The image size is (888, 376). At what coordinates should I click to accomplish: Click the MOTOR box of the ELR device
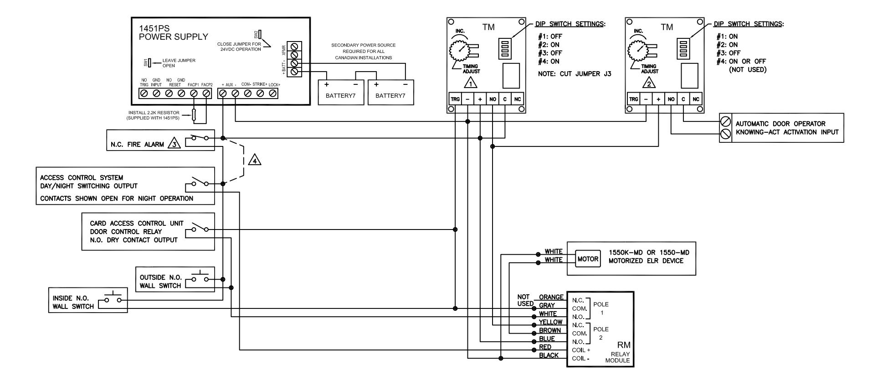(x=588, y=259)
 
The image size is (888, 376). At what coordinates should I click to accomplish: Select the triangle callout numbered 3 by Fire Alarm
(x=174, y=144)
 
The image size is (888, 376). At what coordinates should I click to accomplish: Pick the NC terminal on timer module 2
(x=696, y=99)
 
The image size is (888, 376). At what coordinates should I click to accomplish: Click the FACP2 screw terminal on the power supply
(x=206, y=93)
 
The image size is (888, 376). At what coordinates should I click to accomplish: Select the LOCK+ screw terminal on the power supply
(x=273, y=93)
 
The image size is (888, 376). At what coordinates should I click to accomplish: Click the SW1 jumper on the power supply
(x=149, y=63)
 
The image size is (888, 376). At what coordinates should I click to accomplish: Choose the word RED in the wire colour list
(x=545, y=347)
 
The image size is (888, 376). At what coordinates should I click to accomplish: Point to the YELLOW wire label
(x=550, y=322)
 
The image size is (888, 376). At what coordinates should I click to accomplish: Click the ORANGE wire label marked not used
(x=551, y=297)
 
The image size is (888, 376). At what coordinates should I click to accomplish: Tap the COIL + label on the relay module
(x=581, y=350)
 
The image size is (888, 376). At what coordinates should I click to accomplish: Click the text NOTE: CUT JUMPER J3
(x=575, y=74)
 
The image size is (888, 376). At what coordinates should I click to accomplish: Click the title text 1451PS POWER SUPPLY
(x=173, y=33)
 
